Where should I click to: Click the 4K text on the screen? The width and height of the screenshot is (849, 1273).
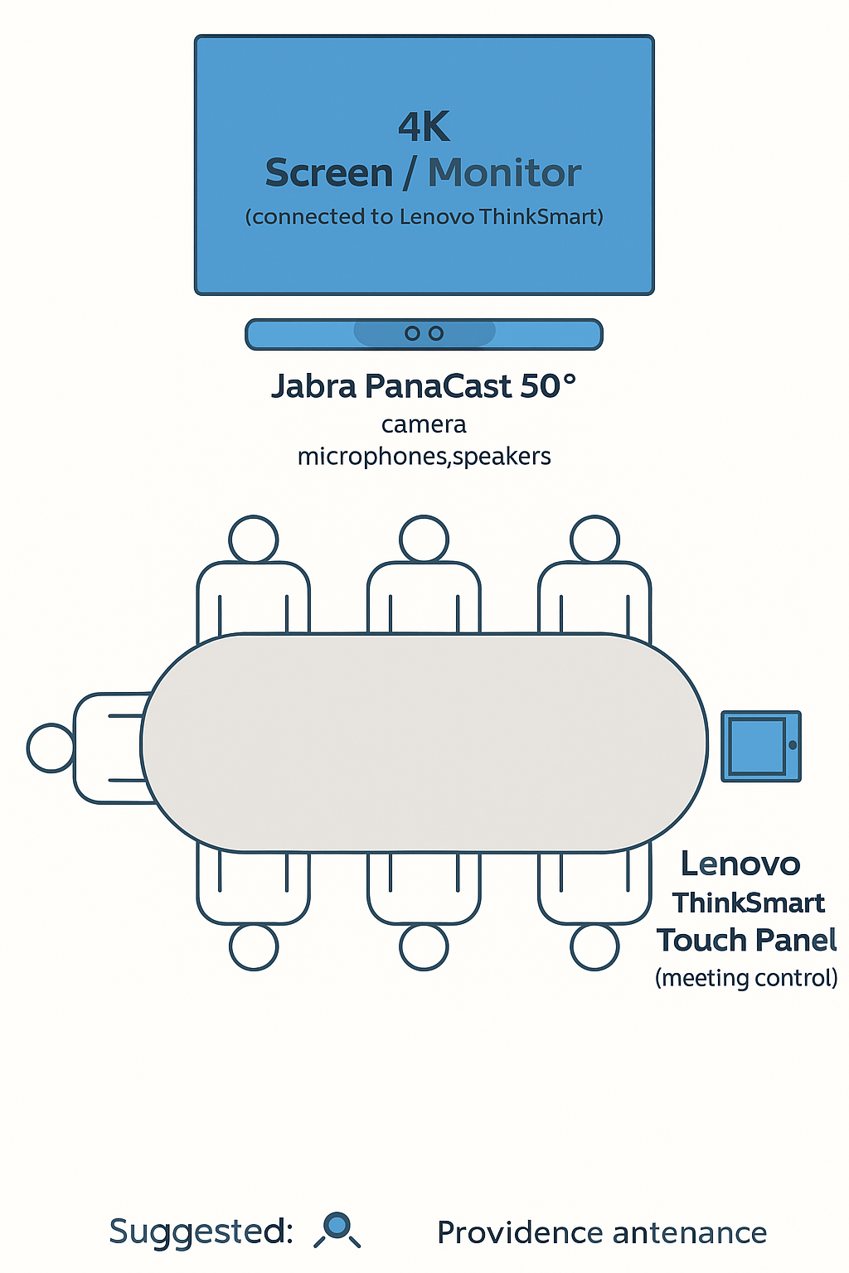tap(424, 128)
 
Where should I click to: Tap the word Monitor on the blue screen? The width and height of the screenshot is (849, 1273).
tap(504, 173)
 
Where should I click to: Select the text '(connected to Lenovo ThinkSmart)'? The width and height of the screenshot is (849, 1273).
tap(424, 217)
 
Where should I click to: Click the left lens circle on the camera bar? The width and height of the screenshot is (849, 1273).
tap(412, 333)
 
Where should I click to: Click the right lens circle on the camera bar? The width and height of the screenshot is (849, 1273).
tap(436, 333)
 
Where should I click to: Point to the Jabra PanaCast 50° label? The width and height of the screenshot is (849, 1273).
tap(424, 386)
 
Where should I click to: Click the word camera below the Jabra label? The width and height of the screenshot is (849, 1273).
tap(424, 424)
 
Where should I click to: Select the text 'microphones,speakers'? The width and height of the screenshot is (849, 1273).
tap(424, 457)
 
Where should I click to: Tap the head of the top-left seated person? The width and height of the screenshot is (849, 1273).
tap(254, 539)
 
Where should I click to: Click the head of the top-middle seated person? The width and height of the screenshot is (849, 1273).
tap(424, 539)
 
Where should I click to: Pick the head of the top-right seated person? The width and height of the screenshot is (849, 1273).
tap(594, 539)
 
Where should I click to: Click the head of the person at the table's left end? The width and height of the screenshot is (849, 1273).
tap(51, 748)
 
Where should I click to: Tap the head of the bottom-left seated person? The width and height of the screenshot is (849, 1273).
tap(254, 946)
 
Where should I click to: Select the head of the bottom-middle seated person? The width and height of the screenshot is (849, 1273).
tap(424, 946)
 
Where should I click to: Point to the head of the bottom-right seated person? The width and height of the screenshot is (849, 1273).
tap(594, 946)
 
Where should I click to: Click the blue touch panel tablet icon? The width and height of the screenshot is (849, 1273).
tap(760, 746)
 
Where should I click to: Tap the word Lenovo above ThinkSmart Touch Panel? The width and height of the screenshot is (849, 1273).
tap(740, 864)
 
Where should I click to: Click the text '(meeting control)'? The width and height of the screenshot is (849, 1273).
tap(746, 978)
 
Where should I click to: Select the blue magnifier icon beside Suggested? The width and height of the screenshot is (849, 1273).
tap(337, 1227)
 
